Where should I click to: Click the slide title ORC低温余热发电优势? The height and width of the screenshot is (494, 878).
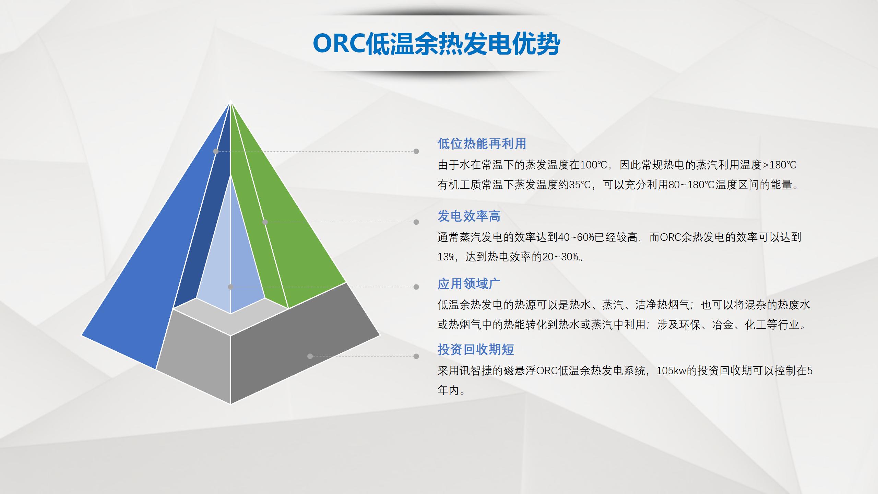coord(436,44)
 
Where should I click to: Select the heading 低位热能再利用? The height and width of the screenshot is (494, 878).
coord(482,144)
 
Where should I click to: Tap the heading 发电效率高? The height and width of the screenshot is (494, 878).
coord(469,216)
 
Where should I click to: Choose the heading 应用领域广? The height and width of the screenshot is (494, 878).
coord(469,284)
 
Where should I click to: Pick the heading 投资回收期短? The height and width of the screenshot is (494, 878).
coord(476,350)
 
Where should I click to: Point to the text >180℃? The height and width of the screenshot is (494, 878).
coord(779,165)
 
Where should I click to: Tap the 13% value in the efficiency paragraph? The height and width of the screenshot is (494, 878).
coord(446,257)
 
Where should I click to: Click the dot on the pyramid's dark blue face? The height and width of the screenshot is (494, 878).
coord(216,151)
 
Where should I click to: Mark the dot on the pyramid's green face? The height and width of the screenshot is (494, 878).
coord(265,222)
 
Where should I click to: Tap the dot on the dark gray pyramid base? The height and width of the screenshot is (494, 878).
coord(310,356)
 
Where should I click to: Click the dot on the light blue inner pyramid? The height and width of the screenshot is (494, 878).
coord(230,287)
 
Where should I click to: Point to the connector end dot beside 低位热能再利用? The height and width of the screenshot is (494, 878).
coord(416,151)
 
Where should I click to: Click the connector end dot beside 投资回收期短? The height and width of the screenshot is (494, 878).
coord(416,356)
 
